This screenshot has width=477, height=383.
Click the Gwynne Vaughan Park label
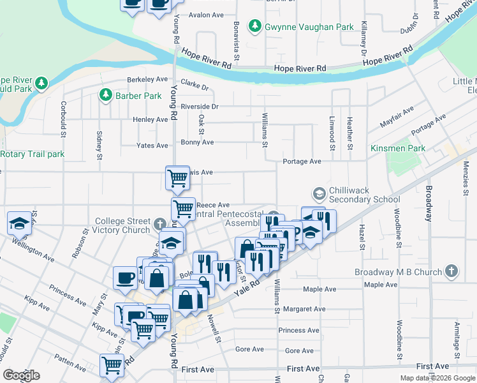(309, 27)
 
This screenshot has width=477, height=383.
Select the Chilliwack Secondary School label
(364, 195)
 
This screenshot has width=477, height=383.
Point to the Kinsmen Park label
(399, 148)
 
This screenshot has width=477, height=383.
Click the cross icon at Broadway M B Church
(451, 271)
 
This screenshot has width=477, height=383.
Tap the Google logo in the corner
(21, 375)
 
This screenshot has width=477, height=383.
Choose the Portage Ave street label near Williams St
(302, 162)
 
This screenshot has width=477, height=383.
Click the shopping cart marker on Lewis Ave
(177, 177)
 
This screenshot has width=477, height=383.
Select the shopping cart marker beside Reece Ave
(183, 208)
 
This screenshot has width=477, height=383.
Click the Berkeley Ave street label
(147, 79)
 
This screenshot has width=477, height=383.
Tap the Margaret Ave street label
(305, 309)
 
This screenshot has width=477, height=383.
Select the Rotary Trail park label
(33, 154)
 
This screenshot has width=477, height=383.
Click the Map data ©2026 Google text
(437, 378)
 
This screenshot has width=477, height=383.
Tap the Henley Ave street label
(150, 119)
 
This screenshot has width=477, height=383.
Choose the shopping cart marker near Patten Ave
(112, 365)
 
